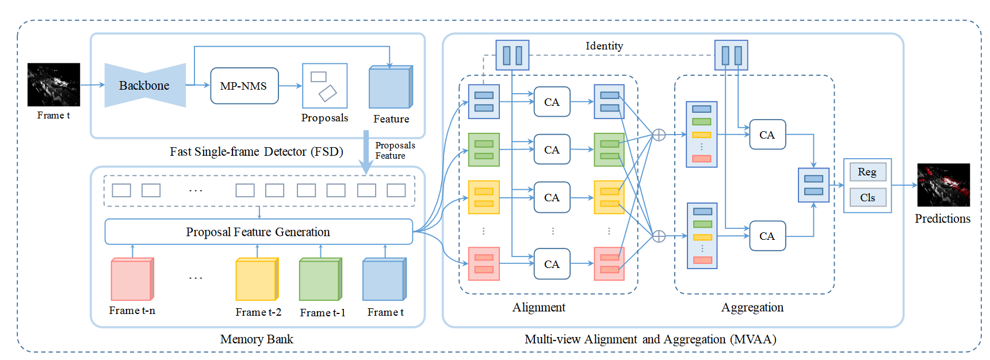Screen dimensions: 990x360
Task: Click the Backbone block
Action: [145, 85]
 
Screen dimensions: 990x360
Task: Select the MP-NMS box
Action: [244, 86]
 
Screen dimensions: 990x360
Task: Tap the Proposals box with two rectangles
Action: [325, 86]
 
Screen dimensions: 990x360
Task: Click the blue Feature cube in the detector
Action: [391, 87]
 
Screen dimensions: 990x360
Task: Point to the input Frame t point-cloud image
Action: [53, 85]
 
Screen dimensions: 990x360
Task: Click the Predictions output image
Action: [943, 185]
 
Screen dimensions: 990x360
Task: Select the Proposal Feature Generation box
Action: [258, 232]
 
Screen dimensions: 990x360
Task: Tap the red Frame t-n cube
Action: [132, 279]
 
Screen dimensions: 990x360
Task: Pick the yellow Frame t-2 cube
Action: [257, 279]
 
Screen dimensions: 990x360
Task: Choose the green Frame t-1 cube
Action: [321, 279]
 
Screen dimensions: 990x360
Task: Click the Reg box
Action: [867, 172]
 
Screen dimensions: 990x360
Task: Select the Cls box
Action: [867, 198]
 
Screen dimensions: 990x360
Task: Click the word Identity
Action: [604, 46]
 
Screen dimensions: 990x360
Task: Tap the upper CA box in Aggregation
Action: [767, 135]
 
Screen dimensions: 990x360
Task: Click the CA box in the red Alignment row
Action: [552, 264]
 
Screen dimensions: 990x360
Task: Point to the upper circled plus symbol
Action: [659, 135]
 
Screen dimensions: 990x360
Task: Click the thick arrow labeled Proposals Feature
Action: [366, 152]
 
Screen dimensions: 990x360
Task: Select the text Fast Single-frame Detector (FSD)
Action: [257, 152]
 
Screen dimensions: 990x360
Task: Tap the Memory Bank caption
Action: [257, 339]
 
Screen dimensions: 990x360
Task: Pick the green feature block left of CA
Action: [484, 150]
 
